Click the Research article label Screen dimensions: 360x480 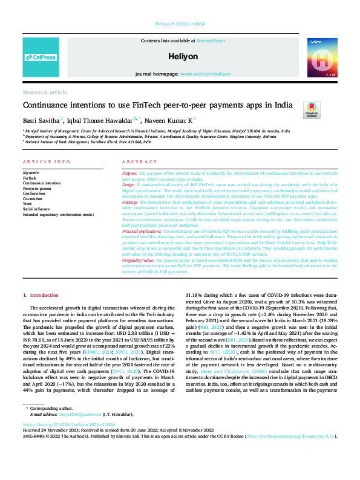[x=45, y=92]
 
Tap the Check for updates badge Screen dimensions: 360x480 [x=312, y=109]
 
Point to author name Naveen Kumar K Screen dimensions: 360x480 [x=172, y=120]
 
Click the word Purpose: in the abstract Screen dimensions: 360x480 [x=129, y=172]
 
